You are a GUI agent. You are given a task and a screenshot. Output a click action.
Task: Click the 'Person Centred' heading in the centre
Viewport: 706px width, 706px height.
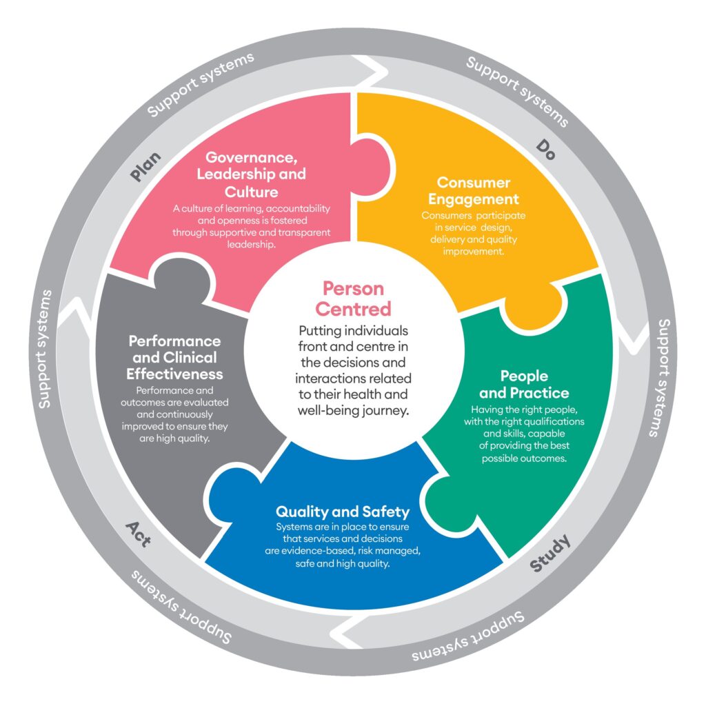(x=353, y=298)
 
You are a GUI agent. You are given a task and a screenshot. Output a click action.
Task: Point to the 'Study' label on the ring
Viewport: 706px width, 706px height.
(x=550, y=554)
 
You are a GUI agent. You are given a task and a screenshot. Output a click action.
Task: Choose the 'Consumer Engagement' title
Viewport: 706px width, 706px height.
(x=473, y=191)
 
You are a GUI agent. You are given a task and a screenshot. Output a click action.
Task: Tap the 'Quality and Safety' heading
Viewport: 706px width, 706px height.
(x=343, y=512)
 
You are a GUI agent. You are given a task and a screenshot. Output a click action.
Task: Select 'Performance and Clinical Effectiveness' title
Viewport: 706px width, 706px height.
(x=176, y=358)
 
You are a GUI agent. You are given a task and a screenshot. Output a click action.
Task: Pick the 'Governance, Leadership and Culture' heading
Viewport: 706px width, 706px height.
(x=251, y=174)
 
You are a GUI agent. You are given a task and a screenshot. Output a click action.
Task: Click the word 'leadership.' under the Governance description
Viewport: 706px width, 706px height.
(x=252, y=245)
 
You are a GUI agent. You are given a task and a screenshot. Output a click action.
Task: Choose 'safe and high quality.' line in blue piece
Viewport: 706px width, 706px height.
(x=343, y=563)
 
